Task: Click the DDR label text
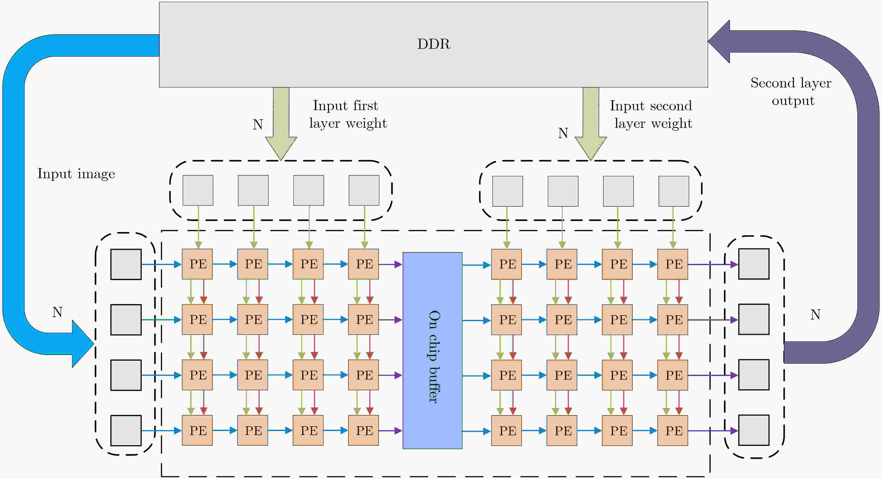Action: pyautogui.click(x=434, y=44)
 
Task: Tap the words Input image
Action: pyautogui.click(x=76, y=174)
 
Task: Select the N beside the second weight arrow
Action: pyautogui.click(x=563, y=133)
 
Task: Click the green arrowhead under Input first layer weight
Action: pyautogui.click(x=281, y=147)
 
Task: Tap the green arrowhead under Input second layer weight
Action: pyautogui.click(x=591, y=147)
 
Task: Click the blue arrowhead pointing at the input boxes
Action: pyautogui.click(x=82, y=344)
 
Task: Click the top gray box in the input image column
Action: pyautogui.click(x=126, y=264)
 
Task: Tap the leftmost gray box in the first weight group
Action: pyautogui.click(x=198, y=191)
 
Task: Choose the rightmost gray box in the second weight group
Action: pyautogui.click(x=674, y=191)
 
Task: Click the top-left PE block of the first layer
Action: pyautogui.click(x=197, y=264)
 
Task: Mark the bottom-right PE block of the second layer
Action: pyautogui.click(x=672, y=430)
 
